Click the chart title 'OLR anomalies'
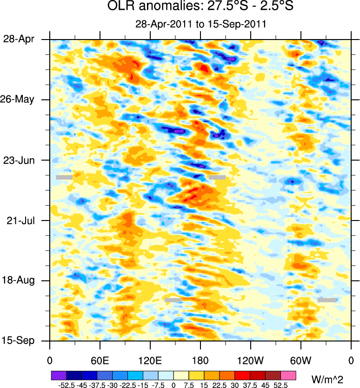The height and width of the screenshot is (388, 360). point(200,7)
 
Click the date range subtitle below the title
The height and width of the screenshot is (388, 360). point(200,24)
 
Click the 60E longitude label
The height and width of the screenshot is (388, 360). point(100,360)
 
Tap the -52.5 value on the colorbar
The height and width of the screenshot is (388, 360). point(66,385)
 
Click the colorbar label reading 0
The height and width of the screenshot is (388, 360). point(173,385)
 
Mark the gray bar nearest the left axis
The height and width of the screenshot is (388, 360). point(64,177)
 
